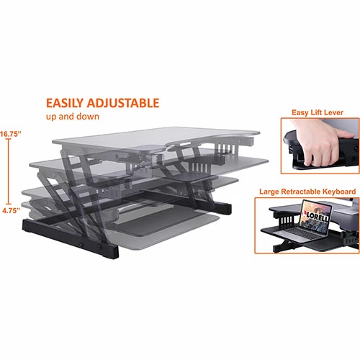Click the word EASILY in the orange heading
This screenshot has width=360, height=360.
pos(65,103)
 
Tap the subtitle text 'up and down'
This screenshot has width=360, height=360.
pos(73,116)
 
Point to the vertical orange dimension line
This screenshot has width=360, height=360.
pos(9,173)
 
